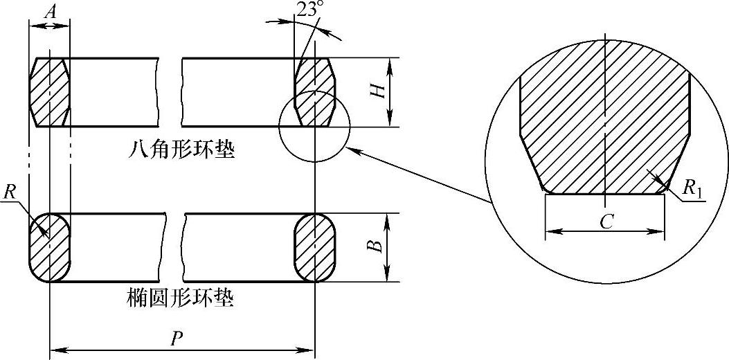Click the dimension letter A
coord(49,11)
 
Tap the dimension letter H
coord(378,89)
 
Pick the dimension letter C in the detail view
coord(604,221)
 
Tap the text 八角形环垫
coord(181,150)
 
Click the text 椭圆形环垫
coord(181,300)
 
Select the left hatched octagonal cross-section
coord(49,92)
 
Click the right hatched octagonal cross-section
coord(315,92)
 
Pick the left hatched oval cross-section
coord(49,247)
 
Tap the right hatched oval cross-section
coord(315,247)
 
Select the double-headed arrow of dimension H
coord(391,92)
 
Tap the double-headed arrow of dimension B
coord(388,247)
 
